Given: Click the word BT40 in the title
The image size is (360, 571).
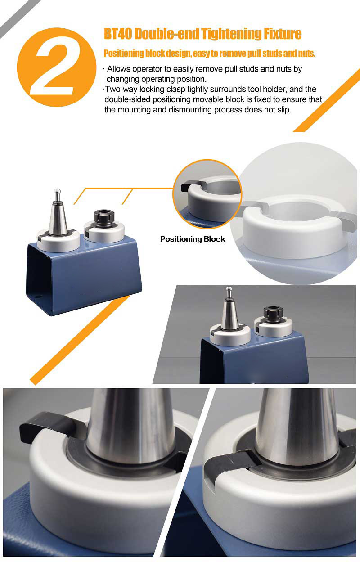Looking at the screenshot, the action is point(117,34).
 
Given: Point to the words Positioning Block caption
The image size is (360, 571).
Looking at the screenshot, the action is point(193,239).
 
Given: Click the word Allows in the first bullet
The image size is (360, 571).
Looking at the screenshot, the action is point(118,69).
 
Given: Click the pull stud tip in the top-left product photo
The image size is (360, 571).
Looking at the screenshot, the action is point(58,191).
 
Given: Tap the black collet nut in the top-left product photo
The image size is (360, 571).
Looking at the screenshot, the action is point(103,216).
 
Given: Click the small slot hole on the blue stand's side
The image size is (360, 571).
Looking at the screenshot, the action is point(38,297).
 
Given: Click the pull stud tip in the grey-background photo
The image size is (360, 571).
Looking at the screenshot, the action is point(229,288).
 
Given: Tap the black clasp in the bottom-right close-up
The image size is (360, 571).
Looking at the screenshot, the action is point(231,461).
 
